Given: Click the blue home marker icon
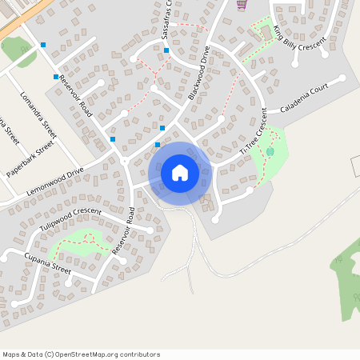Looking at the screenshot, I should (x=180, y=173).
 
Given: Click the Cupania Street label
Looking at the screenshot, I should (x=46, y=266).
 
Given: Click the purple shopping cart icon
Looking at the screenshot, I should (x=241, y=6).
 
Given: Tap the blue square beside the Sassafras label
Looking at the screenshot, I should (x=166, y=50).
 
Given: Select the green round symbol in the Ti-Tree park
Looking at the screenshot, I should (x=270, y=150).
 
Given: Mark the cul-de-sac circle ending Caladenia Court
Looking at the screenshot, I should (x=342, y=78).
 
